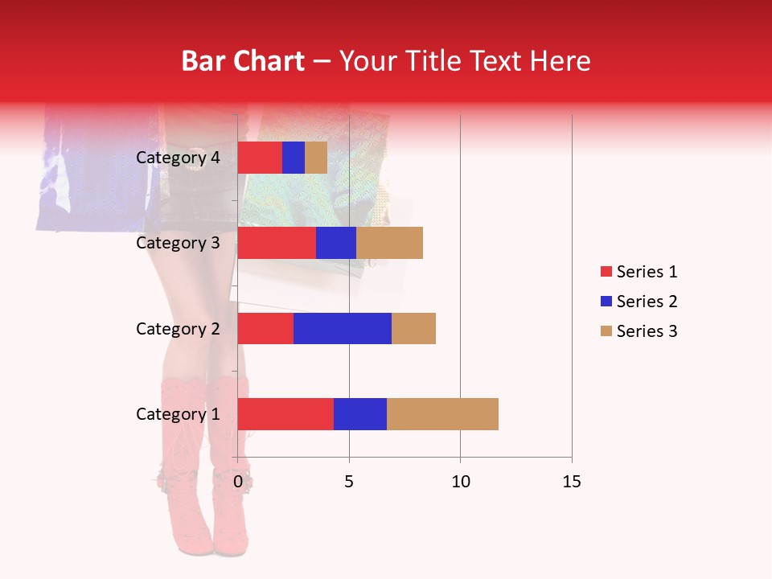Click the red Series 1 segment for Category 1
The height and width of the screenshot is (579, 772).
pyautogui.click(x=285, y=414)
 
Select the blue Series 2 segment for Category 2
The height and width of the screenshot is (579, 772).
pyautogui.click(x=343, y=328)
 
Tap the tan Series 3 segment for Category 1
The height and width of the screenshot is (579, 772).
pyautogui.click(x=442, y=414)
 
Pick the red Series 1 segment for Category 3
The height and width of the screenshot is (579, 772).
pyautogui.click(x=277, y=243)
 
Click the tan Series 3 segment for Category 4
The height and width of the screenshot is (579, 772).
pyautogui.click(x=316, y=158)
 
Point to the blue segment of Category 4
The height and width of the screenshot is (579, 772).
pyautogui.click(x=294, y=158)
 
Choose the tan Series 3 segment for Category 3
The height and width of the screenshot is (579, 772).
pyautogui.click(x=389, y=243)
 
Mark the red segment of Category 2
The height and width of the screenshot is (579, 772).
pyautogui.click(x=265, y=328)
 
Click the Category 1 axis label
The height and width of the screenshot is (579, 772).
pyautogui.click(x=178, y=414)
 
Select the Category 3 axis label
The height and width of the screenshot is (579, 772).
pyautogui.click(x=178, y=243)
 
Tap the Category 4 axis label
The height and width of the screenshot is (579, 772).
pyautogui.click(x=178, y=158)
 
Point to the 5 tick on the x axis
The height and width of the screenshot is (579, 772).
pyautogui.click(x=349, y=482)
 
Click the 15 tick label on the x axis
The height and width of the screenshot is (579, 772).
pyautogui.click(x=571, y=482)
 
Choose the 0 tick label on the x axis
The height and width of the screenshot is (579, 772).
pyautogui.click(x=238, y=482)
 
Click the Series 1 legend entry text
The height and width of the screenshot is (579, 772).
pyautogui.click(x=647, y=272)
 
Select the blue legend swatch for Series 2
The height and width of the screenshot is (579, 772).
pyautogui.click(x=606, y=302)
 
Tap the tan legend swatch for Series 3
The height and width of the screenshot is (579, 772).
pyautogui.click(x=606, y=331)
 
